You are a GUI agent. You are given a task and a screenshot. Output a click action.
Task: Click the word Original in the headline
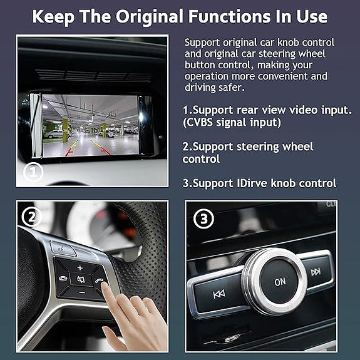[x=150, y=16]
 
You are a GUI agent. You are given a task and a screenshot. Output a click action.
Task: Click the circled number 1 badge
[x=33, y=172]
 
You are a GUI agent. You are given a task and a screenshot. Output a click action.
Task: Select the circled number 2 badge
[x=31, y=217]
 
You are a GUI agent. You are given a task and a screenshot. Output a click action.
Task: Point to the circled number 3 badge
[x=203, y=219]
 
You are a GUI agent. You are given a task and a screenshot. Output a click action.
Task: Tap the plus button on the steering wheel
[x=80, y=268]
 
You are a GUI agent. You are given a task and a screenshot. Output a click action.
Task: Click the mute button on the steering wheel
[x=81, y=280]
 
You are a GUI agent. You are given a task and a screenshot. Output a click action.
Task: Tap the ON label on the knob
[x=280, y=282]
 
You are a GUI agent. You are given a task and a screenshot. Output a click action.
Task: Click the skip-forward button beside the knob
[x=316, y=272]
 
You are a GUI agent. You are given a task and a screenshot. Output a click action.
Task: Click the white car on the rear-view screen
[x=54, y=134]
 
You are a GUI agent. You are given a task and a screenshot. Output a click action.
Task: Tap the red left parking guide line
[x=69, y=152]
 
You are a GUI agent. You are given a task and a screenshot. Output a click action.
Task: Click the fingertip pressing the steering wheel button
[x=105, y=285]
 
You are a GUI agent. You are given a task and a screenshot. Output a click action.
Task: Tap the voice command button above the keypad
[x=63, y=249]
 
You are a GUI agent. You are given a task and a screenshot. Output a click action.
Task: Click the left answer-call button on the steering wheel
[x=63, y=278]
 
